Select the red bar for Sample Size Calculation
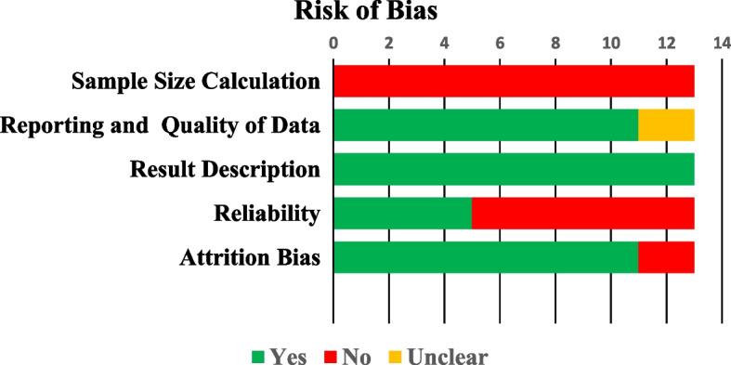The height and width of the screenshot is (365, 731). coord(514,81)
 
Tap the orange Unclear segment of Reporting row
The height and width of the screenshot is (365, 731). coord(666,125)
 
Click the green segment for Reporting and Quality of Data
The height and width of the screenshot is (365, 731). coord(485,125)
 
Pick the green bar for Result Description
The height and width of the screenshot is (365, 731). coord(514,169)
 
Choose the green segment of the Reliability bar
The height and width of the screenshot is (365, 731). coord(402,214)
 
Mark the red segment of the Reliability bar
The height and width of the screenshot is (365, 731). coord(582,214)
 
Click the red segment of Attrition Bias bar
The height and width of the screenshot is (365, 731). coord(666,257)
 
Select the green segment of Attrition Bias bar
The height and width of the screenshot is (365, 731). coord(485,257)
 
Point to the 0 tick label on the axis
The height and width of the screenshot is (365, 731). coord(333,42)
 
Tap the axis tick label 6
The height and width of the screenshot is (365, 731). coord(500,42)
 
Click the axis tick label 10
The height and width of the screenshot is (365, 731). coord(610,42)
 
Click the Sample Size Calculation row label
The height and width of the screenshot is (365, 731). coord(196,82)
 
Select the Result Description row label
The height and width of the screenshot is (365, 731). coord(225,170)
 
